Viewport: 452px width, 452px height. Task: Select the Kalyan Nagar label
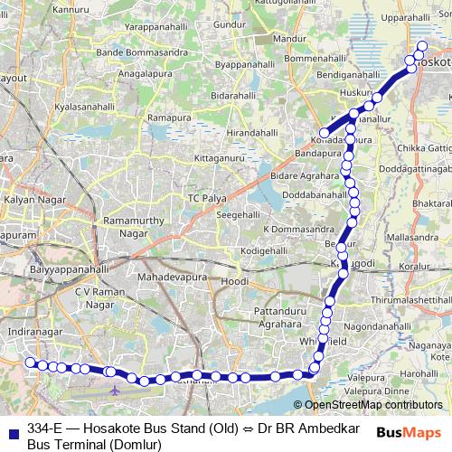click(x=28, y=198)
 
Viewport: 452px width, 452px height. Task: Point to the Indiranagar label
click(x=31, y=333)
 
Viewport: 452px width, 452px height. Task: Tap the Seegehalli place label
click(x=236, y=214)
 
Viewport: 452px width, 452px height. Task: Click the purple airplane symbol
click(x=114, y=391)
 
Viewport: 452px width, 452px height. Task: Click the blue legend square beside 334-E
click(x=13, y=428)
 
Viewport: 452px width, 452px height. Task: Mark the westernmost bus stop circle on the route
click(x=30, y=363)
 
